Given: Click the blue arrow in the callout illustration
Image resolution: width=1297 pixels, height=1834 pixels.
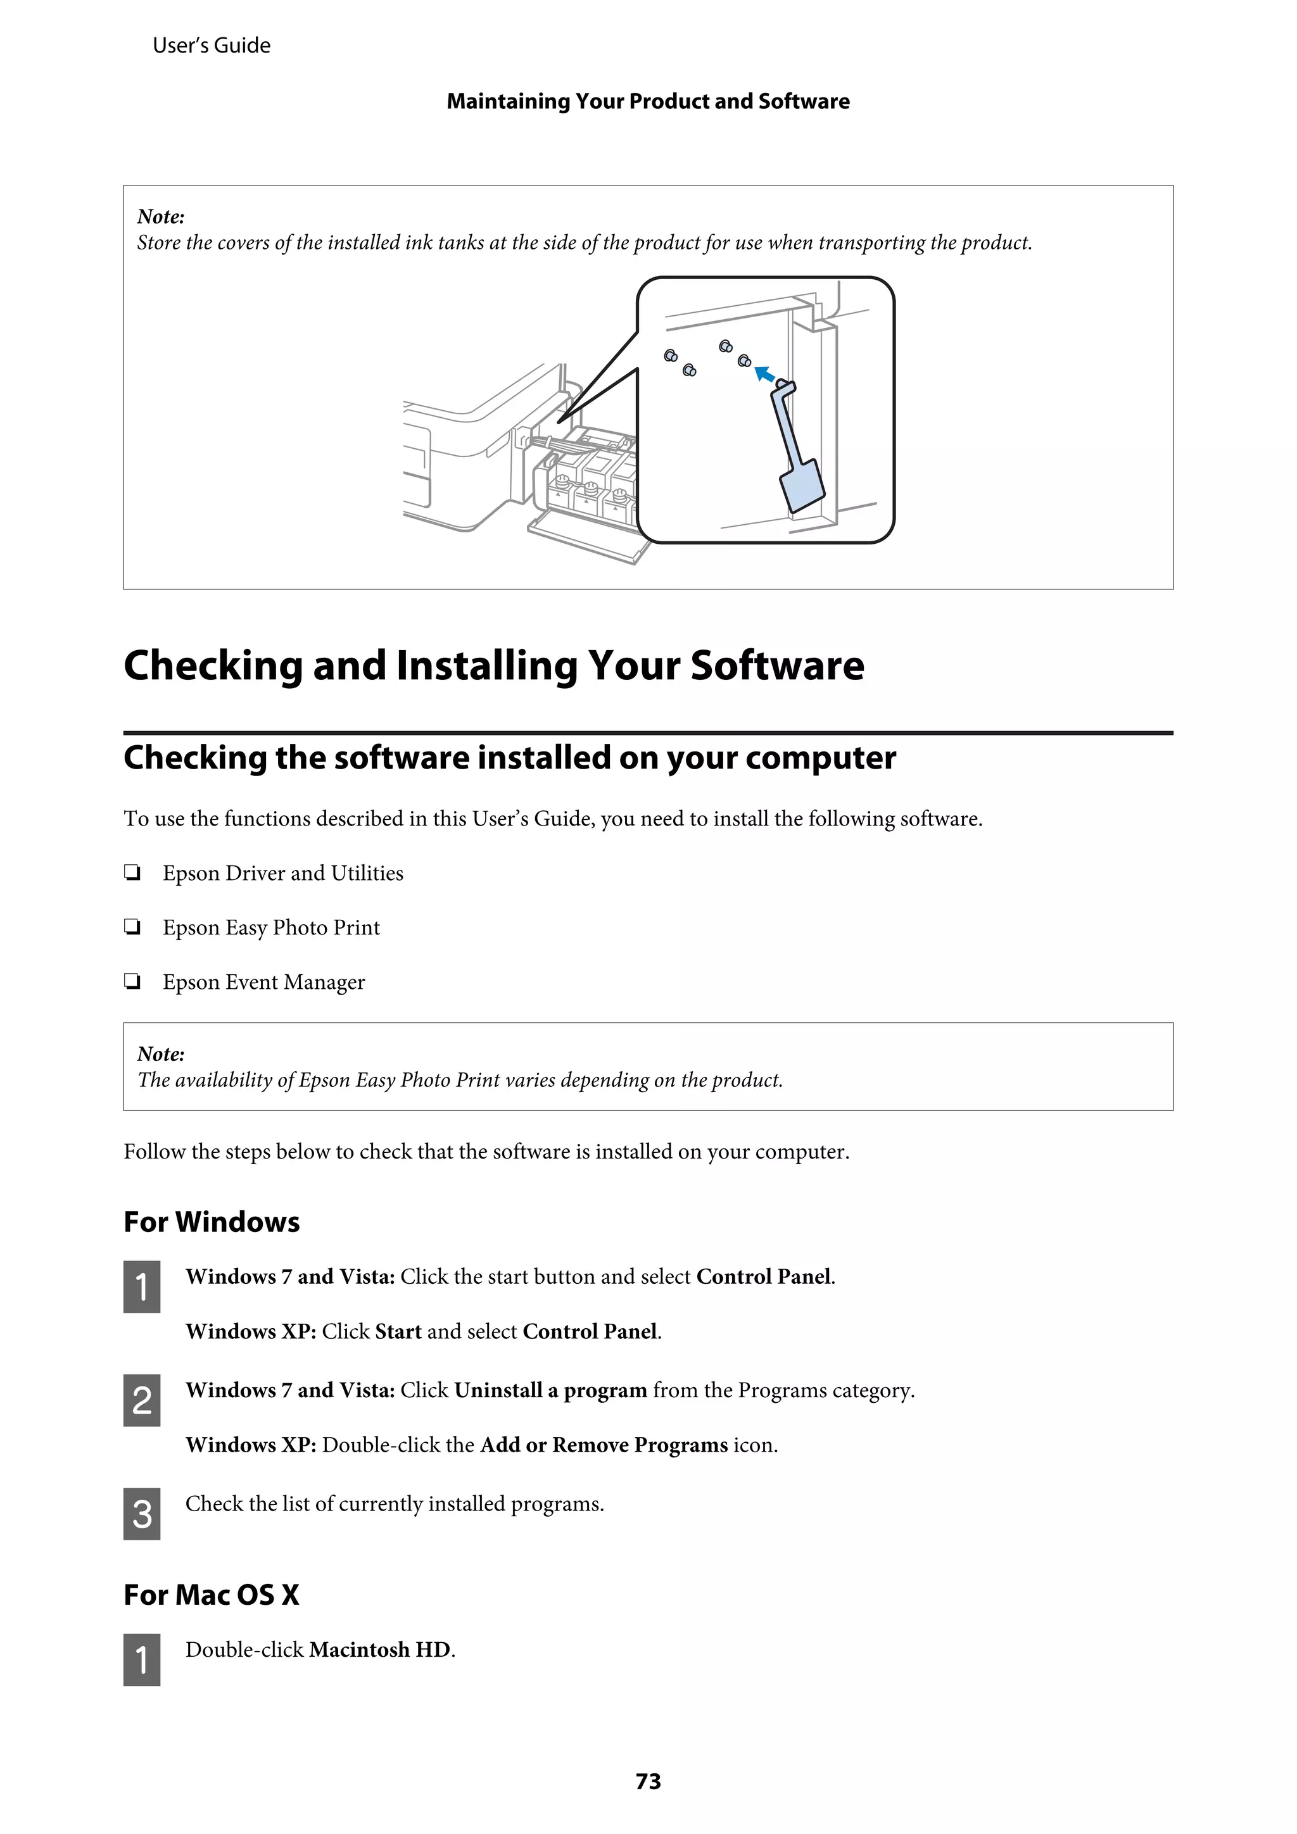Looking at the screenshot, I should tap(765, 375).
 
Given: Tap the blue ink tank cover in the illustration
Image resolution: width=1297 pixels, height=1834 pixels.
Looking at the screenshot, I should tap(802, 486).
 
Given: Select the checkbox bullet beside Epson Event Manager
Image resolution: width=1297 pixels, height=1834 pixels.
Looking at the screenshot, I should tap(132, 982).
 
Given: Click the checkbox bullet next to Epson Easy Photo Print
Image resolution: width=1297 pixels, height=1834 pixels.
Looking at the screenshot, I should tap(132, 927).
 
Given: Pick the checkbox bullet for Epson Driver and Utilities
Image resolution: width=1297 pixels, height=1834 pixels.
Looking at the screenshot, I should tap(132, 873).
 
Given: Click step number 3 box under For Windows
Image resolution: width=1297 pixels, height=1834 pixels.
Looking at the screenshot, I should tap(141, 1513).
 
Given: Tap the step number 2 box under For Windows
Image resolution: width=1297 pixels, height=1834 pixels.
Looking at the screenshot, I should tap(141, 1400).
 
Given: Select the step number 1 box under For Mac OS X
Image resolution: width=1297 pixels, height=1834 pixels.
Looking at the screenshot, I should tap(141, 1659).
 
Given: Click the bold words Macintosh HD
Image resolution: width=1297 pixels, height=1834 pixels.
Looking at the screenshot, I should tap(379, 1650).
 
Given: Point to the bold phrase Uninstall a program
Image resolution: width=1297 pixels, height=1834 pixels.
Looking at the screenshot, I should tap(550, 1391).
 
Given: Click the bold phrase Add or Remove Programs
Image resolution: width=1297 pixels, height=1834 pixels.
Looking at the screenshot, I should tap(604, 1445).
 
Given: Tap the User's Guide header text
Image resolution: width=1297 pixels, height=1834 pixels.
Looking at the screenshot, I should tap(211, 46).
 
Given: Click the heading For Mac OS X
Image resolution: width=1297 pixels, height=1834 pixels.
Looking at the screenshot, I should tap(211, 1594).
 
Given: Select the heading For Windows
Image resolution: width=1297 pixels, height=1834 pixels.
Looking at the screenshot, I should tap(211, 1221).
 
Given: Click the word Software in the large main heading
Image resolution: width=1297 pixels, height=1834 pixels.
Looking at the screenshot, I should tap(777, 665).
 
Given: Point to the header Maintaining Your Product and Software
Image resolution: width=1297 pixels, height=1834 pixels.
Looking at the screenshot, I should tap(647, 101).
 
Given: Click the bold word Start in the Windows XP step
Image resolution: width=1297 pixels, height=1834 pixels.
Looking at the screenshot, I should tap(398, 1331).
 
